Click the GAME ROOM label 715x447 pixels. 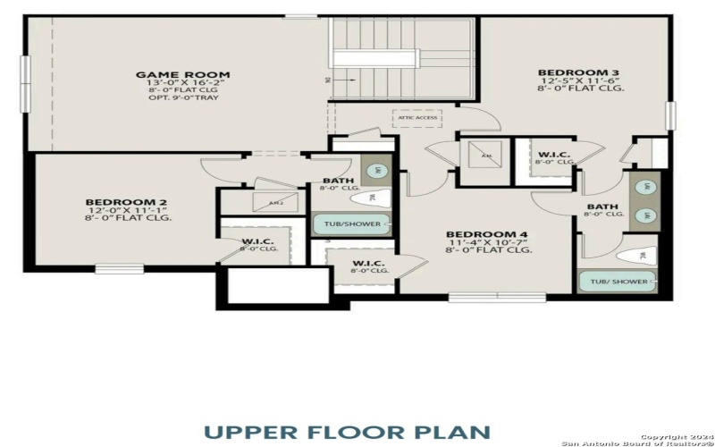click(x=182, y=75)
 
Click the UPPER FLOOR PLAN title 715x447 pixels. click(x=347, y=431)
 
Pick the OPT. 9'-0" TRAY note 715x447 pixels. click(x=182, y=97)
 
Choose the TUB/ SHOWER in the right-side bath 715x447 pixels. click(x=618, y=282)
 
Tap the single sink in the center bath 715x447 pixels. click(x=376, y=170)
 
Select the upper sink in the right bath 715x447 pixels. click(x=644, y=187)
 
